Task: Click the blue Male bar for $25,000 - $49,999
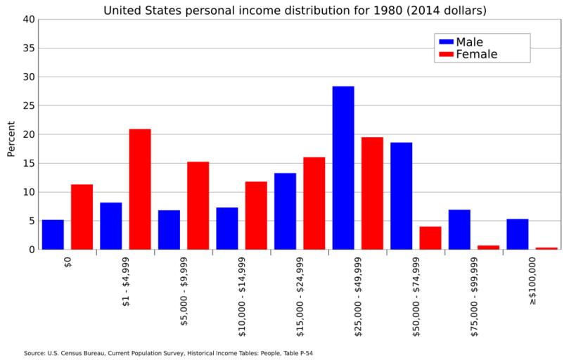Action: click(x=343, y=168)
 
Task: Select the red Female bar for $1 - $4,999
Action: click(x=140, y=189)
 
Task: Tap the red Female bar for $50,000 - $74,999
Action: click(x=430, y=238)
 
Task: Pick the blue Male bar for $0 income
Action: click(x=53, y=235)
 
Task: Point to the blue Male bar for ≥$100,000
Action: click(x=518, y=234)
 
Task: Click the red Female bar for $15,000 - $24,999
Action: click(x=314, y=203)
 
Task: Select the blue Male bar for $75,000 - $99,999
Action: click(x=459, y=229)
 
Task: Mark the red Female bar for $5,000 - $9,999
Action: click(x=198, y=205)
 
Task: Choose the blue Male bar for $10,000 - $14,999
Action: click(x=227, y=229)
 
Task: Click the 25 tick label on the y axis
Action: click(x=28, y=105)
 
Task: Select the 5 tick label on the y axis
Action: click(x=31, y=221)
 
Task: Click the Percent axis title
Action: click(x=11, y=139)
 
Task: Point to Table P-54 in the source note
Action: click(x=297, y=353)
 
